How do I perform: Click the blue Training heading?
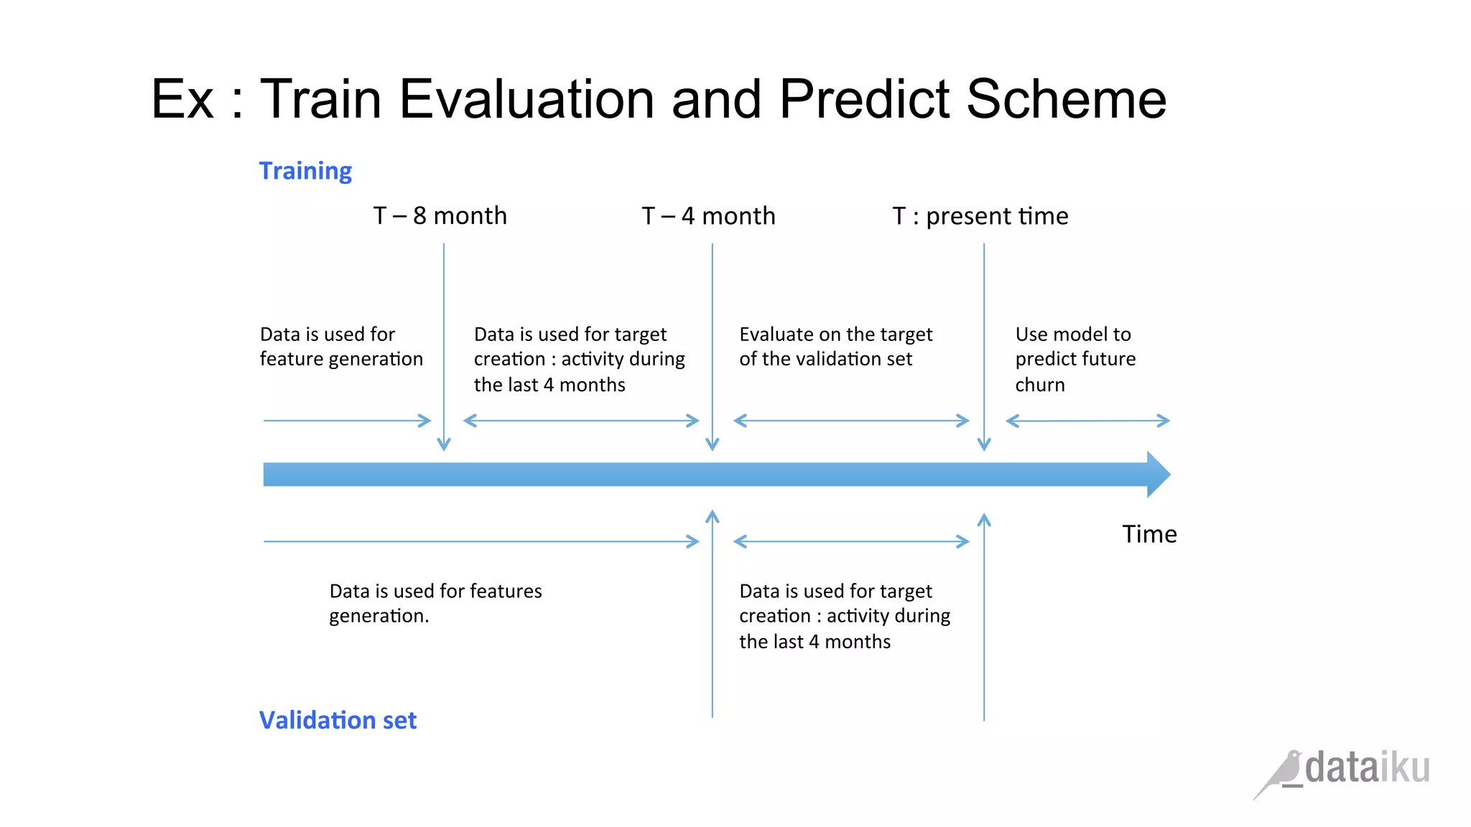pos(305,171)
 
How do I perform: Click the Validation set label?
pos(338,720)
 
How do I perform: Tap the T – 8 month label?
pos(440,215)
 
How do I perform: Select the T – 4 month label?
pos(708,215)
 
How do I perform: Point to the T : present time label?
pos(980,215)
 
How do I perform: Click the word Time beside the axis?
pos(1149,534)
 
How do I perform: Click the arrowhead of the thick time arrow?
pos(1158,475)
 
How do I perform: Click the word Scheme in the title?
pos(1066,99)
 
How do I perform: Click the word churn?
pos(1039,385)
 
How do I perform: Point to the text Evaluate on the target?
pos(835,335)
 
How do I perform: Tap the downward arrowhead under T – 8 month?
pos(444,444)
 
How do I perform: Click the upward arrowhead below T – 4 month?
pos(713,516)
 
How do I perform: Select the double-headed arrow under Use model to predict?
pos(1087,421)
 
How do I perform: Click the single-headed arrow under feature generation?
pos(347,421)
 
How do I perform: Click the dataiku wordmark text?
pos(1367,768)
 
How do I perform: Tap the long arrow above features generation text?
pos(481,541)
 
